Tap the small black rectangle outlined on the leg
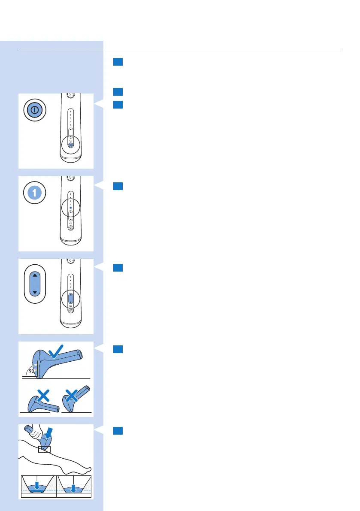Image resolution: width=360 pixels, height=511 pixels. point(44,449)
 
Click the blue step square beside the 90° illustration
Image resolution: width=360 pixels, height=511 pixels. point(119,350)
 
